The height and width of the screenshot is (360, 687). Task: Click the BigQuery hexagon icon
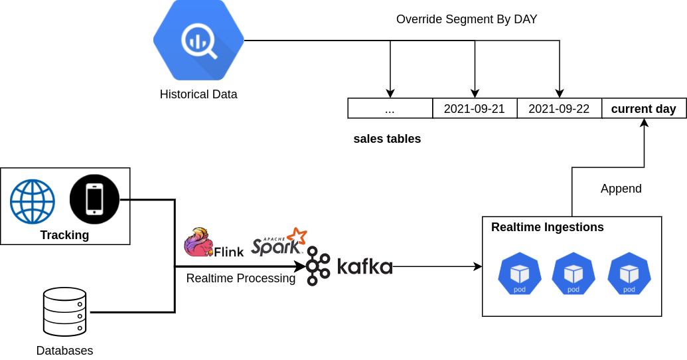(198, 41)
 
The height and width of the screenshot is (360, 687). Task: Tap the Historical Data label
(198, 94)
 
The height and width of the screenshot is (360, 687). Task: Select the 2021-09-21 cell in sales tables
(475, 109)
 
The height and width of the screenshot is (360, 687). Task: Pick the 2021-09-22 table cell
(559, 109)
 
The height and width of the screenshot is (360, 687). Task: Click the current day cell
(643, 109)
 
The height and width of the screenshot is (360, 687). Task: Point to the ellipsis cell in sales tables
(390, 109)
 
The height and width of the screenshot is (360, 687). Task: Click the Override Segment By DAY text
(467, 19)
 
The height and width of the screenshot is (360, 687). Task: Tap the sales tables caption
(387, 139)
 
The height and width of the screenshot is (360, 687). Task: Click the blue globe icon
(32, 201)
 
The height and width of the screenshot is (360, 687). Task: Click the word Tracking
(64, 235)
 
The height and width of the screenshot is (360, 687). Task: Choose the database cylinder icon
(64, 312)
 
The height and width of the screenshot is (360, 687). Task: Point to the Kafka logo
(350, 266)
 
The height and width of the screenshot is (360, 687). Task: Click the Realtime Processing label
(240, 278)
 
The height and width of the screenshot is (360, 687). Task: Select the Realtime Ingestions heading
(547, 227)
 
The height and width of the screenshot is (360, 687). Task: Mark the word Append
(621, 189)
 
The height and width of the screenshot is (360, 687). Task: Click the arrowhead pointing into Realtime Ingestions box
(478, 266)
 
